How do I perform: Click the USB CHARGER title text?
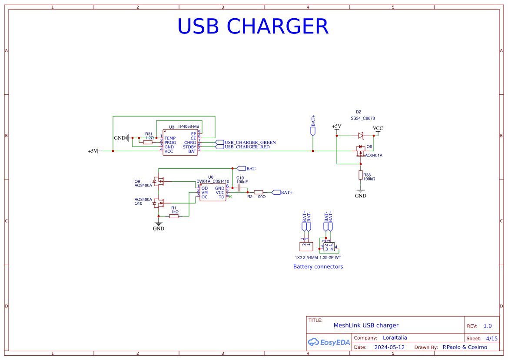pos(252,27)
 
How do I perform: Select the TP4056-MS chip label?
pos(188,127)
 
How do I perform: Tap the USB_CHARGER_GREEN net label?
pos(250,143)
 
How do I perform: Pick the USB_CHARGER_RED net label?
pos(247,147)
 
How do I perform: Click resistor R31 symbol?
pos(148,142)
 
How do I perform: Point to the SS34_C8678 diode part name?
pos(362,118)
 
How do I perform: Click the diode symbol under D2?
pos(360,136)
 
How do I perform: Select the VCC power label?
pos(378,129)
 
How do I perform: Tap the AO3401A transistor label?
pos(373,155)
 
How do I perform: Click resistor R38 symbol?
pos(360,175)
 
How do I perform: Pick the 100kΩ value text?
pos(369,179)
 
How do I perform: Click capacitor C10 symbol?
pos(239,187)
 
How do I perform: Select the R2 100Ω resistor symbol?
pos(259,192)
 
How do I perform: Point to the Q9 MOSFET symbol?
pos(159,181)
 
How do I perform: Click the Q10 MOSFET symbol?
pos(159,203)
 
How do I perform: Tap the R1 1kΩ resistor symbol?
pos(174,216)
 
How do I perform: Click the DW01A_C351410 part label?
pos(212,181)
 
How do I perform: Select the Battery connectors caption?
pos(318,267)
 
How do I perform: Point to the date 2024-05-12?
pos(389,347)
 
